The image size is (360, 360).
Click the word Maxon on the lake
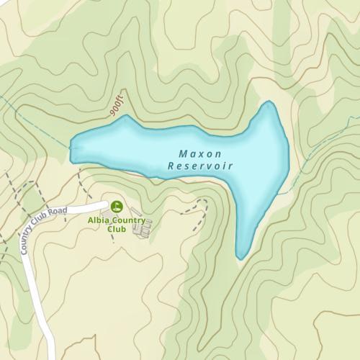tap(199, 154)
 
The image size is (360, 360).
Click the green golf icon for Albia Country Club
tap(116, 206)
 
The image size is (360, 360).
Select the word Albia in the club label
tap(99, 220)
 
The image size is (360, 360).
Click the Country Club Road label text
tap(43, 226)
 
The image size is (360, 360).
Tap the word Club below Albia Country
tap(116, 230)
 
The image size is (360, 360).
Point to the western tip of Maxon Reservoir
tap(71, 149)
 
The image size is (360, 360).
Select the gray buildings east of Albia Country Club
tap(143, 228)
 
